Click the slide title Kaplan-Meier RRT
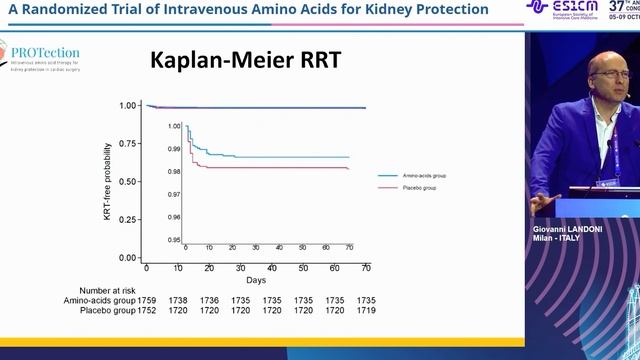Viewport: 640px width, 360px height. tap(245, 61)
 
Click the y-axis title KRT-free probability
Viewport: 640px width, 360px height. tap(108, 181)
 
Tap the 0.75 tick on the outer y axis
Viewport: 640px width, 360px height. tap(129, 143)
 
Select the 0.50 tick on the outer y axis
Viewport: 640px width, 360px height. tap(129, 181)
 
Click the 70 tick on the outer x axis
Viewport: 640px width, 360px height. tap(365, 269)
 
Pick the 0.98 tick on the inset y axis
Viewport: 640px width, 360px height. tap(175, 172)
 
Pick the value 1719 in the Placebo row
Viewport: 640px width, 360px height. tap(365, 311)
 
